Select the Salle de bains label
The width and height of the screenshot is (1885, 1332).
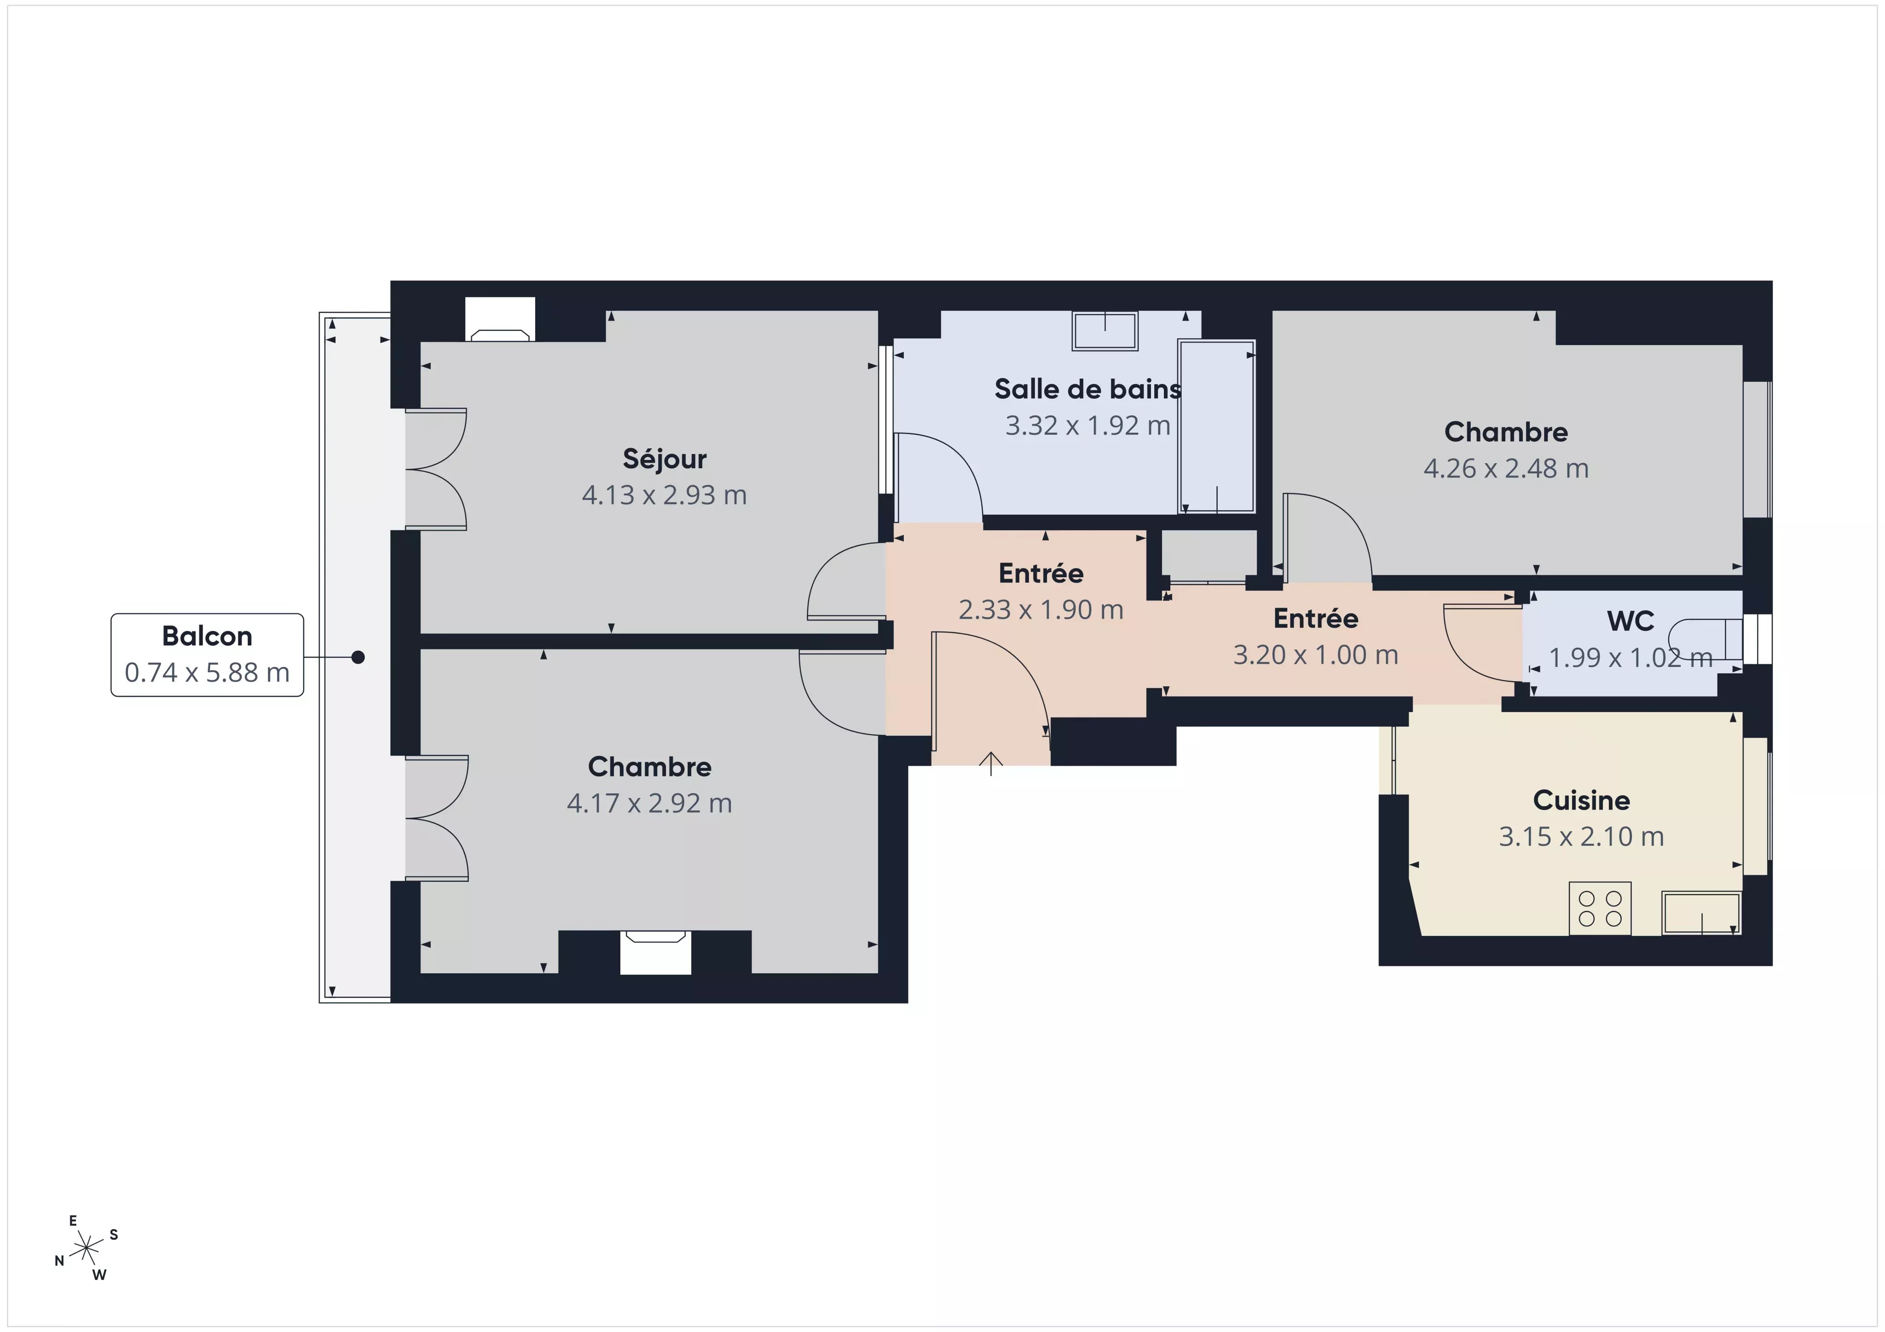(x=1088, y=389)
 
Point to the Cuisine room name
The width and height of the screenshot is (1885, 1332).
(x=1581, y=800)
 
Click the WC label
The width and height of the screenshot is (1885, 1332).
(x=1631, y=621)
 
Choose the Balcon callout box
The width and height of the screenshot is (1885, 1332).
(x=207, y=655)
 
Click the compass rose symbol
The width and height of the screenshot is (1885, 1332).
(x=86, y=1249)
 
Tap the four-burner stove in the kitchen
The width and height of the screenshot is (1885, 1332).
(x=1599, y=908)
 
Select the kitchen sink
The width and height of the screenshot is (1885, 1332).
(x=1701, y=913)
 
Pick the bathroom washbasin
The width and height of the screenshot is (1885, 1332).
(x=1105, y=331)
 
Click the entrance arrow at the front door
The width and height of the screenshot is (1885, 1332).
(x=991, y=763)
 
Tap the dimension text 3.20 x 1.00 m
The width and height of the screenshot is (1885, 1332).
(x=1315, y=655)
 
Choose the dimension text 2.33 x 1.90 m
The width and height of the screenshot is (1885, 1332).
(x=1041, y=610)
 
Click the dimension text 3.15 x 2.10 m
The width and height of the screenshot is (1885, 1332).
(x=1581, y=836)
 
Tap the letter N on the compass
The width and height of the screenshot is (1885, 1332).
(x=59, y=1261)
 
